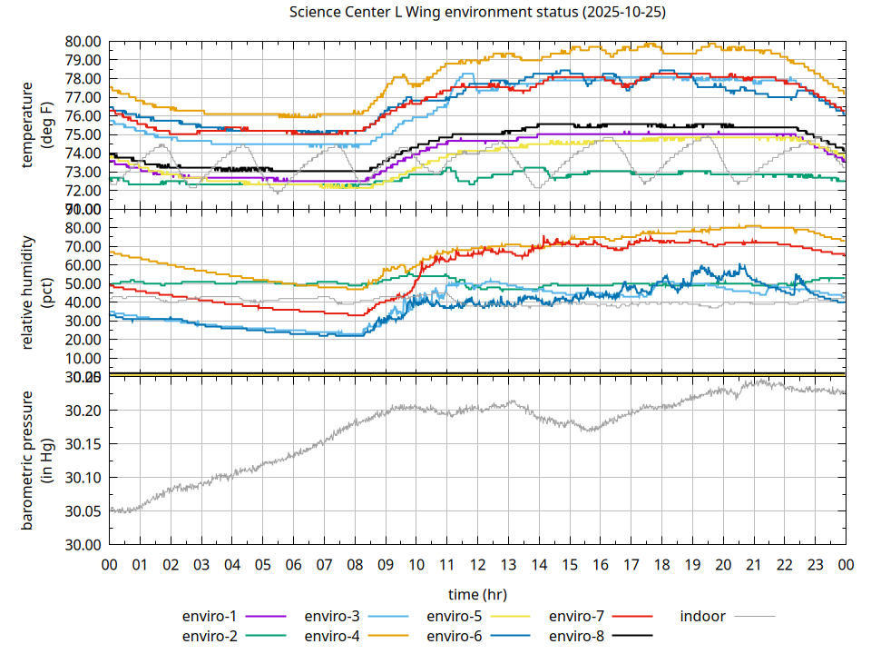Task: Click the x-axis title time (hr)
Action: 477,594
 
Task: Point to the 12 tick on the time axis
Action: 477,564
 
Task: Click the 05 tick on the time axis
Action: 263,564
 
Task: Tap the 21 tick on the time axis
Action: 753,564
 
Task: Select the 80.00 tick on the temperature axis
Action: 83,41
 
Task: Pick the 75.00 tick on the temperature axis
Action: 83,134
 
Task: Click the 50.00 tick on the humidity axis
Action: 83,283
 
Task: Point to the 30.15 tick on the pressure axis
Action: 83,444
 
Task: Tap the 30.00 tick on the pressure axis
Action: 83,544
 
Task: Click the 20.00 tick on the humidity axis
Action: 83,339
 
